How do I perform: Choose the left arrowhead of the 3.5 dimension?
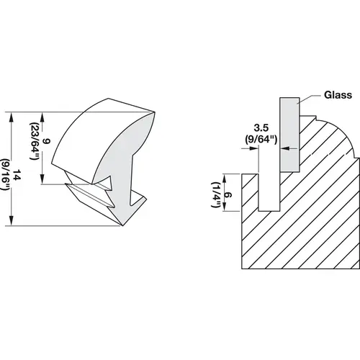coord(254,149)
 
